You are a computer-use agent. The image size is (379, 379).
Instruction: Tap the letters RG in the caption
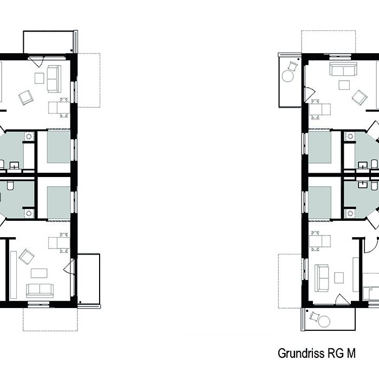336,354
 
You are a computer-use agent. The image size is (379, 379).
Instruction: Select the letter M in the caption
351,354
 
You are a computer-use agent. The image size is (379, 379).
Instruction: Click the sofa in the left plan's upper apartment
54,79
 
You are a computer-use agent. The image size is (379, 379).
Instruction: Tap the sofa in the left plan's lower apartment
40,291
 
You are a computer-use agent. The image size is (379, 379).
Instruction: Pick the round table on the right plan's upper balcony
287,76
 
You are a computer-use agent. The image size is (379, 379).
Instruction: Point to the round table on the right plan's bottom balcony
324,322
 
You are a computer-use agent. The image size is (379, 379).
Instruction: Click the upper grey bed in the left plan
58,147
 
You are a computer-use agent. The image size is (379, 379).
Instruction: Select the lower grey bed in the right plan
320,202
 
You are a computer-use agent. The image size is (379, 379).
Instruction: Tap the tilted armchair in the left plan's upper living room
26,97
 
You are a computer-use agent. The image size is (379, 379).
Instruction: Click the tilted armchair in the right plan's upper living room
360,97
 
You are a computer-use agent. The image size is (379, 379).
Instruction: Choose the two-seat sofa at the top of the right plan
343,69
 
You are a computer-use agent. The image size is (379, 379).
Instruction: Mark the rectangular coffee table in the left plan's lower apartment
39,273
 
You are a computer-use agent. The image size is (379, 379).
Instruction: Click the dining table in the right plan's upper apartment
320,109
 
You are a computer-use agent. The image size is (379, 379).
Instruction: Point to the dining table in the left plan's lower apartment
59,243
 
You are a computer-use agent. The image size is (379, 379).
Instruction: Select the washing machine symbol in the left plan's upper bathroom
29,136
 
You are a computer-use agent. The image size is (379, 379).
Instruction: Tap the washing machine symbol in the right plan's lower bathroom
350,213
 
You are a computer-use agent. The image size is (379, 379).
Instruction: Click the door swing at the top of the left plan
36,62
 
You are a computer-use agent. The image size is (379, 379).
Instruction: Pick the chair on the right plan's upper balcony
293,66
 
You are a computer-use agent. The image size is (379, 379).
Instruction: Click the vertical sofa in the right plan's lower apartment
322,278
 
